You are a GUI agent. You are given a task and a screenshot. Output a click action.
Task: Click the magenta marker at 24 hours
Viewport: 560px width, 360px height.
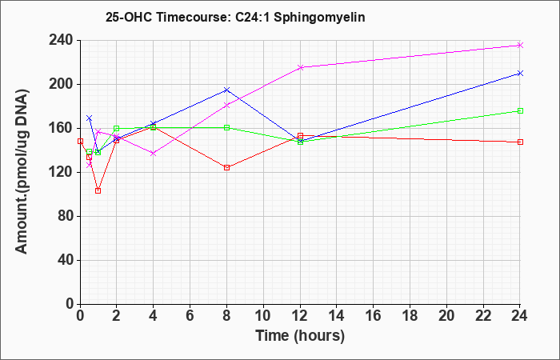pos(520,45)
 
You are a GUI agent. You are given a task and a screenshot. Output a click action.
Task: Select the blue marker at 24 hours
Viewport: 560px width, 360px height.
pos(520,74)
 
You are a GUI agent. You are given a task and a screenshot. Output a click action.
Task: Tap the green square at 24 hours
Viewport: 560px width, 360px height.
pos(520,110)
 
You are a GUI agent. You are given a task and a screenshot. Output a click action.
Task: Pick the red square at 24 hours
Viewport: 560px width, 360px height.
pos(520,142)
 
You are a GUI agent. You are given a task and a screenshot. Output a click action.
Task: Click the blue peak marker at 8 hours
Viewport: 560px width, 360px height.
pos(226,90)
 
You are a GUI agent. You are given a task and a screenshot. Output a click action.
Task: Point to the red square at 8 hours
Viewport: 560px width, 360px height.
pos(226,167)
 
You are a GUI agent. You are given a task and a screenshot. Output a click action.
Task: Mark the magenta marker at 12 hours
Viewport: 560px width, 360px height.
pos(300,67)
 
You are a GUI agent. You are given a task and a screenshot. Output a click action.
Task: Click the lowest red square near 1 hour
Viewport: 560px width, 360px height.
pos(98,190)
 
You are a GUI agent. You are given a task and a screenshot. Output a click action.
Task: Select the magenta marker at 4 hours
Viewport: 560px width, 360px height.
pos(154,154)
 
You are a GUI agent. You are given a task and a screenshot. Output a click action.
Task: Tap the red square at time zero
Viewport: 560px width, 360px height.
pos(80,141)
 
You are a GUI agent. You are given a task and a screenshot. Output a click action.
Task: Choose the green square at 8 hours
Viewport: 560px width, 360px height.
pos(226,127)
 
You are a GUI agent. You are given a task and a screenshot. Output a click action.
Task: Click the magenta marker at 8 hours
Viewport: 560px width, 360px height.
pos(226,105)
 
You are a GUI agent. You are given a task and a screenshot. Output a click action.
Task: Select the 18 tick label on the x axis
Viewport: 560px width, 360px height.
pos(410,315)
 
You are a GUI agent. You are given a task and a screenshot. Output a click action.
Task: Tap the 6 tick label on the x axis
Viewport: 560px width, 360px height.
pos(190,315)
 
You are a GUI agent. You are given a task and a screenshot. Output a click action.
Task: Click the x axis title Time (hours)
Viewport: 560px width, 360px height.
pos(300,335)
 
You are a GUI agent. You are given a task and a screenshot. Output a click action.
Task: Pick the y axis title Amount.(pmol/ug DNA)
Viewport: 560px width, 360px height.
pos(22,171)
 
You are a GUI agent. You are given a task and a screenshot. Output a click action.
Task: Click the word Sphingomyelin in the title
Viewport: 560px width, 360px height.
pos(319,17)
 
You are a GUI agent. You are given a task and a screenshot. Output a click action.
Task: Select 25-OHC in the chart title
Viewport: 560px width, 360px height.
pos(128,17)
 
